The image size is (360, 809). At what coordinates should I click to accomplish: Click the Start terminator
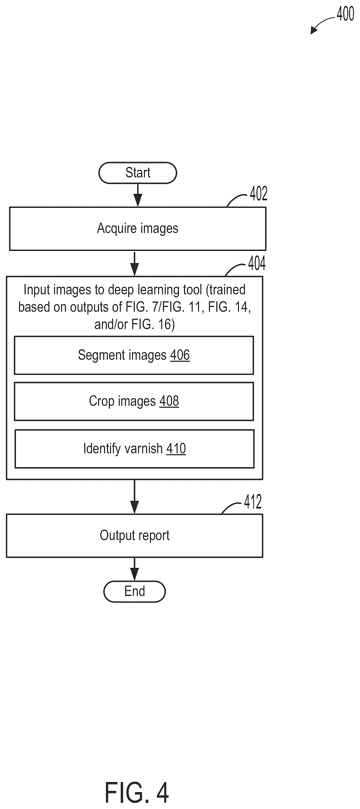point(138,173)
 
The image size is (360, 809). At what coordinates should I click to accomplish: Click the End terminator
point(134,591)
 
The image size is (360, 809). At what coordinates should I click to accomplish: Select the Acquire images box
point(138,228)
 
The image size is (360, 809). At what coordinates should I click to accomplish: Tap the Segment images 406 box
point(134,355)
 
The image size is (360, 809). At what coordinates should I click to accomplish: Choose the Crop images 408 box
point(134,401)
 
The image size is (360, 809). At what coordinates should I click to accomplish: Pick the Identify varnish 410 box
point(134,448)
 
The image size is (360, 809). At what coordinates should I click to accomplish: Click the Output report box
point(134,535)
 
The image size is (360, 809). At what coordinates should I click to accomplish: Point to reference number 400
point(346,14)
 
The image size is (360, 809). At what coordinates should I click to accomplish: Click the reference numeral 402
point(259,193)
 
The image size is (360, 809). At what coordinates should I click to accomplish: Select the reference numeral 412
point(253,502)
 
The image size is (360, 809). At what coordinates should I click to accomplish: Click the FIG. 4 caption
point(137,792)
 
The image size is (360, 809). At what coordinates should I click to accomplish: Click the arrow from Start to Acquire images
point(138,195)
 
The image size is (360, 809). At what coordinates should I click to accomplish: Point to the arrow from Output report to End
point(134,569)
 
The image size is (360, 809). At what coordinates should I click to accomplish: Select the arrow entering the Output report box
point(134,497)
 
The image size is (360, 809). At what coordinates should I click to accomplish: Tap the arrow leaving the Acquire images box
point(134,264)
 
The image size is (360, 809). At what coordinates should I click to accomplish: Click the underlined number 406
point(180,355)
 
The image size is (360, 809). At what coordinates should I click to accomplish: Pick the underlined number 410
point(176,448)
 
